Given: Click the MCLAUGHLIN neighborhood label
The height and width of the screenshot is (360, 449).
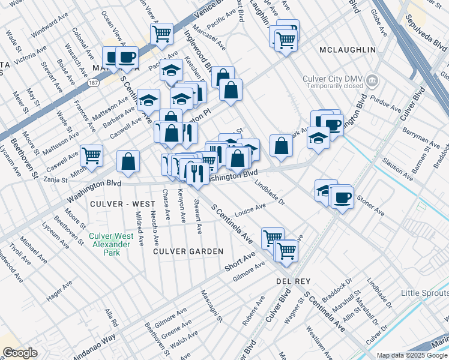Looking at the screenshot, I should pyautogui.click(x=348, y=49).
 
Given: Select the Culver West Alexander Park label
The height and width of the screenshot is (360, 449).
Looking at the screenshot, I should pyautogui.click(x=110, y=244).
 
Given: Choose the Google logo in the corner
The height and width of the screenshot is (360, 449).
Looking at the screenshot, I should pyautogui.click(x=20, y=353).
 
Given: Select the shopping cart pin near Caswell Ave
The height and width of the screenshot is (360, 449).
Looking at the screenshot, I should pyautogui.click(x=91, y=156).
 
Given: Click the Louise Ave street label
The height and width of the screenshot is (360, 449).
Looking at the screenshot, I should pyautogui.click(x=250, y=211).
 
